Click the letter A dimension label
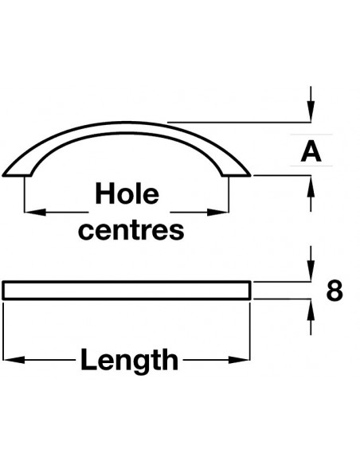point(311,151)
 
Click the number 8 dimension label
point(335,291)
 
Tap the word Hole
point(127,193)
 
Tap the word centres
point(131,230)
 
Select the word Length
point(129,360)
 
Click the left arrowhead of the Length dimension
point(14,360)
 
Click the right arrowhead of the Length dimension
point(239,360)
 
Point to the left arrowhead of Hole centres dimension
point(35,212)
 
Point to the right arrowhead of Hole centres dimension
point(217,212)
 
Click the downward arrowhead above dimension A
point(311,111)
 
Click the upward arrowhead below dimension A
point(311,186)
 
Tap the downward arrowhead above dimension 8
point(311,271)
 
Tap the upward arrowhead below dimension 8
point(311,310)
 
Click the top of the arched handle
point(127,122)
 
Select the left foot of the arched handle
point(18,175)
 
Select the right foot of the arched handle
point(237,175)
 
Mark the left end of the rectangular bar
point(3,291)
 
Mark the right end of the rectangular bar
point(250,291)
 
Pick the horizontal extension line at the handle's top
point(239,122)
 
